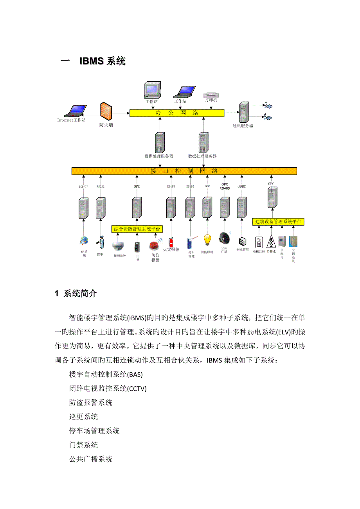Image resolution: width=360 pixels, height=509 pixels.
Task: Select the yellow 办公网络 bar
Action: (x=177, y=113)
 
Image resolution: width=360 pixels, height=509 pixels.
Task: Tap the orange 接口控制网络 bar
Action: (x=184, y=171)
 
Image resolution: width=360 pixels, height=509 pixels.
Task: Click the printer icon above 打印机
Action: (x=210, y=95)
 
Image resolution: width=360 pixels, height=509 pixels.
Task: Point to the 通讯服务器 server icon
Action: (x=244, y=113)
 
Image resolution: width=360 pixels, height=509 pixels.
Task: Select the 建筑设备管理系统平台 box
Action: (x=278, y=222)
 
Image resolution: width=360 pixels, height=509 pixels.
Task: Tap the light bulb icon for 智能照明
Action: (x=207, y=239)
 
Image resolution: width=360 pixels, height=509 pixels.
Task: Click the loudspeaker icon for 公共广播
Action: (x=224, y=238)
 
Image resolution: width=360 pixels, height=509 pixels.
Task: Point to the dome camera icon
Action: (x=118, y=246)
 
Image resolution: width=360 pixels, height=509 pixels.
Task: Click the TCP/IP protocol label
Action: (x=84, y=186)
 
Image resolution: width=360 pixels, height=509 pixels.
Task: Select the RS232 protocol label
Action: (x=101, y=186)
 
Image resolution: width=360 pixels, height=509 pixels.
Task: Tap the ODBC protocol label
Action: (x=242, y=186)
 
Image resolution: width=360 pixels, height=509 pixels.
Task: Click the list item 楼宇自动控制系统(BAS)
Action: (x=106, y=375)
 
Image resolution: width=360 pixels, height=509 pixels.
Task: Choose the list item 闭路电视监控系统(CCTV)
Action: (x=108, y=389)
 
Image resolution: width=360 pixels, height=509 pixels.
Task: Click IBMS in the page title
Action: (x=92, y=61)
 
